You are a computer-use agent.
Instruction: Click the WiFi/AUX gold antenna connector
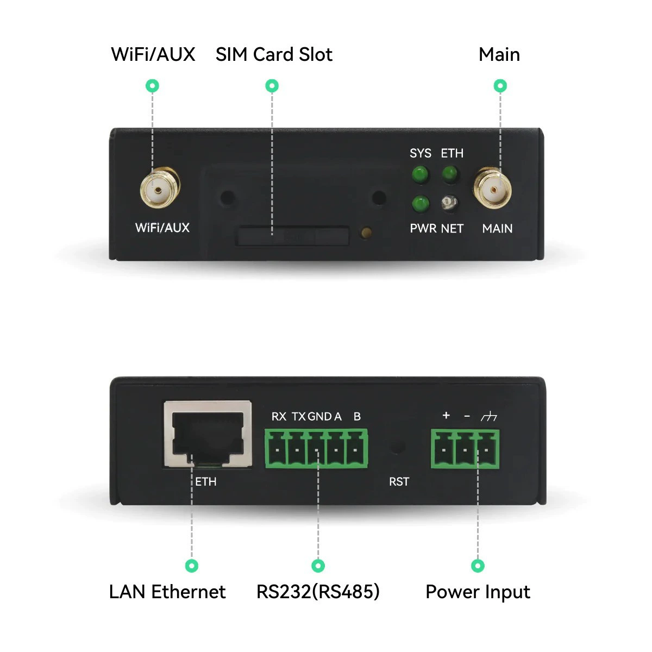[160, 187]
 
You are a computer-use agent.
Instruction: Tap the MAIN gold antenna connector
[493, 188]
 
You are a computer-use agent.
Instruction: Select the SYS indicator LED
[420, 174]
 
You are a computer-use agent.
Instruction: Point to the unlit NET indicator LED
[450, 203]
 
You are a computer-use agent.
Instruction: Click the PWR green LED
[421, 204]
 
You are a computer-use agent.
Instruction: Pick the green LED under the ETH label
[450, 174]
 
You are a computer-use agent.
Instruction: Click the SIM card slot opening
[293, 235]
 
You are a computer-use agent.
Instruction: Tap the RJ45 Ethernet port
[208, 434]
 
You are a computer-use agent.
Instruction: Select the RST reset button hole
[398, 446]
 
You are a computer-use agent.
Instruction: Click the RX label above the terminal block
[279, 417]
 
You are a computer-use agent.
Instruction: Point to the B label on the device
[357, 417]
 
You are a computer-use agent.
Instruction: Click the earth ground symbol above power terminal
[489, 416]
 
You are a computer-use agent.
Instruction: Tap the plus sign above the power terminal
[446, 415]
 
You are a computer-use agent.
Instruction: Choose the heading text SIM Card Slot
[274, 54]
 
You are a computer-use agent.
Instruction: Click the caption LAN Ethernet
[167, 592]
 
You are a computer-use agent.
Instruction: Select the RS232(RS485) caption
[318, 592]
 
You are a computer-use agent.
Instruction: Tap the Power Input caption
[478, 593]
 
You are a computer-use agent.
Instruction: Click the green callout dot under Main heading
[500, 86]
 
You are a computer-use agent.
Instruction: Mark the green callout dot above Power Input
[478, 566]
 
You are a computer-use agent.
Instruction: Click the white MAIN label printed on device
[497, 229]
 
